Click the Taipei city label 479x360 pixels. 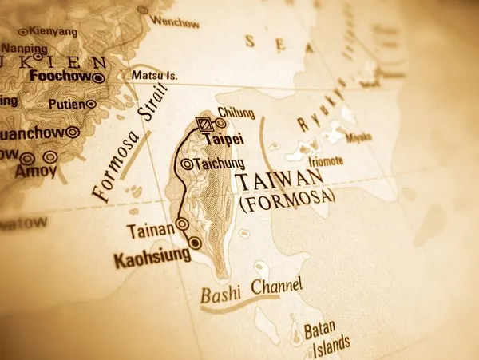[225, 139]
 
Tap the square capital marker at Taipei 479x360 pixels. [204, 124]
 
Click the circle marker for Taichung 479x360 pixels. [187, 164]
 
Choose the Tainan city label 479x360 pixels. [150, 231]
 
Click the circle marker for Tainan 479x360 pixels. [183, 224]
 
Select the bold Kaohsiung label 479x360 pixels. [152, 257]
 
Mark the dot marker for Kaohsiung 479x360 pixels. [195, 243]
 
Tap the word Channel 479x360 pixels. [276, 286]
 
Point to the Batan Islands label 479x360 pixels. [327, 337]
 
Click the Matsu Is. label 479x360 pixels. [154, 76]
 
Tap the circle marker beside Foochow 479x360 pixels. [97, 77]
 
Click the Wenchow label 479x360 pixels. [174, 23]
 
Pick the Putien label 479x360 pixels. [66, 104]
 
